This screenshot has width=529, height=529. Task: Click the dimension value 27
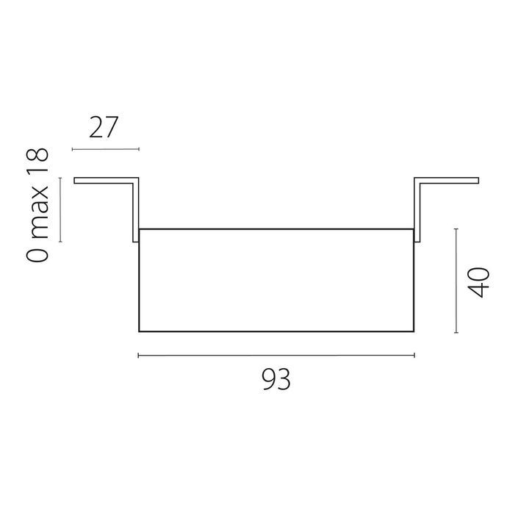(x=104, y=127)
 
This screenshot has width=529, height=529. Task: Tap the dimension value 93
(x=276, y=380)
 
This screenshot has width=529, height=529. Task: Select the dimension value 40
(x=479, y=282)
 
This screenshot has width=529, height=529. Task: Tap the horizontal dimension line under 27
(x=106, y=149)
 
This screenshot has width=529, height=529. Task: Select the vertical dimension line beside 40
(x=456, y=281)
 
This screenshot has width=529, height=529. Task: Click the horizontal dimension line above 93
(x=276, y=356)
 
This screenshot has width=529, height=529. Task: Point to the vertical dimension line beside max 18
(x=60, y=210)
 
